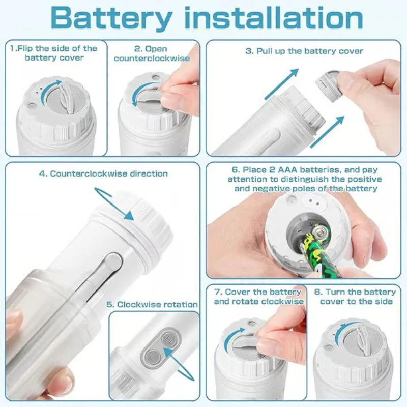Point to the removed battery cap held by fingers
[329, 83]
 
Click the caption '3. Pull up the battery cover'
[304, 51]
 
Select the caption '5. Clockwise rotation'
[152, 304]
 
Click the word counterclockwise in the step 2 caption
[152, 59]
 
